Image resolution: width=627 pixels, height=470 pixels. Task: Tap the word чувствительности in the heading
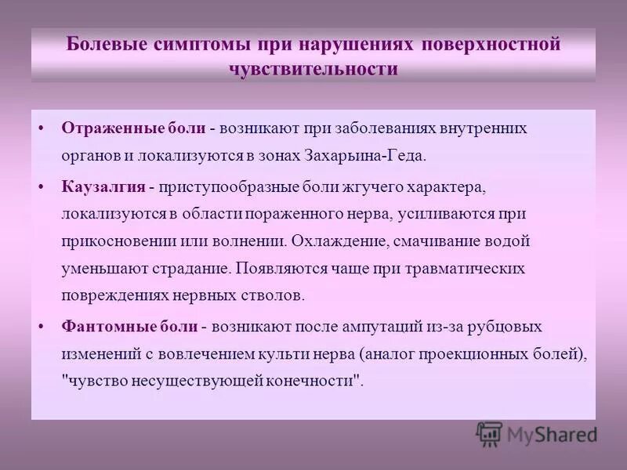point(313,68)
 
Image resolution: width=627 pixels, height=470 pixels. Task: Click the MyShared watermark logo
point(536,434)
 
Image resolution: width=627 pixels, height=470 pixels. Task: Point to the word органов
point(91,155)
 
